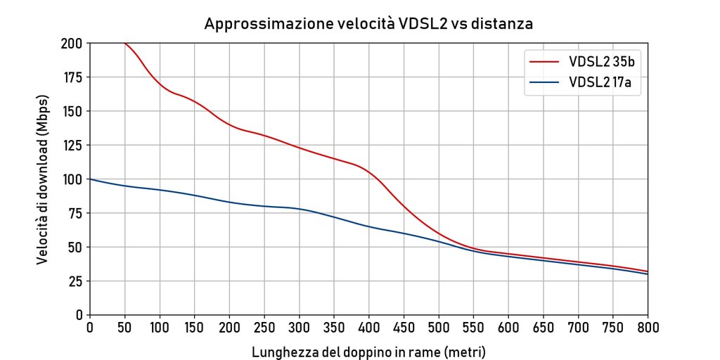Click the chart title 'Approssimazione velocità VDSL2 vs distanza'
tap(368, 23)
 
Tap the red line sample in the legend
tap(544, 63)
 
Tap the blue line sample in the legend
tap(544, 83)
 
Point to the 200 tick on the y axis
tap(73, 43)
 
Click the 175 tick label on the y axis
tap(73, 77)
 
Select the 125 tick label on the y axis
tap(73, 145)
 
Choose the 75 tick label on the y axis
tap(76, 213)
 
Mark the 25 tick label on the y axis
tap(76, 281)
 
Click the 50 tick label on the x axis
tap(124, 328)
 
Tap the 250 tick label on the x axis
tap(264, 328)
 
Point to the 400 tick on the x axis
tap(369, 328)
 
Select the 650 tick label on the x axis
tap(544, 328)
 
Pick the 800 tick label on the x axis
tap(648, 328)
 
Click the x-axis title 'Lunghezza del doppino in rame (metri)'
tap(368, 351)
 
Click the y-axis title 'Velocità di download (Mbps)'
tap(43, 179)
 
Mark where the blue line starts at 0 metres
tap(90, 179)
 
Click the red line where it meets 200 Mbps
tap(124, 43)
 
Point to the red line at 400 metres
tap(369, 172)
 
